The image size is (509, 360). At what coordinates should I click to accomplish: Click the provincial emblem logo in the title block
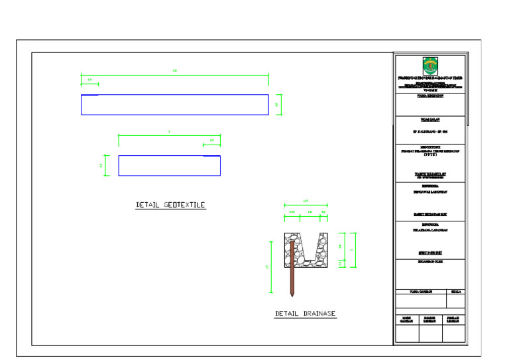(430, 66)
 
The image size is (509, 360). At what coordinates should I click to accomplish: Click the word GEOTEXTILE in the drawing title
(184, 206)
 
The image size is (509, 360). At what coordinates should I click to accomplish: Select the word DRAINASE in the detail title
(321, 314)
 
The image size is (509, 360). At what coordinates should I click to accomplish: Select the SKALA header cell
(455, 292)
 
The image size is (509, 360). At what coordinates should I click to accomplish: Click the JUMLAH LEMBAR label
(454, 320)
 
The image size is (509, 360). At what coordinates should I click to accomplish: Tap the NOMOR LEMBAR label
(429, 320)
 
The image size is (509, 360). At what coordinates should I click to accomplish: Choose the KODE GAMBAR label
(407, 320)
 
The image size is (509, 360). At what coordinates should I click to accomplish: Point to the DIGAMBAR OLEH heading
(430, 263)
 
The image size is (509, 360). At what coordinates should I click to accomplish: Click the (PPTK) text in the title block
(430, 154)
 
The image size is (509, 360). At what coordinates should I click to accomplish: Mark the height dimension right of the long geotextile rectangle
(280, 105)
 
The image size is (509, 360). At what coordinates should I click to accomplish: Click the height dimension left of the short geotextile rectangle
(104, 165)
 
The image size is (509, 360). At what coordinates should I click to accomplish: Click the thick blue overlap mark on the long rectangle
(89, 95)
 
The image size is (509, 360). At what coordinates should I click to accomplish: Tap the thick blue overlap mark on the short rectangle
(211, 156)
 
